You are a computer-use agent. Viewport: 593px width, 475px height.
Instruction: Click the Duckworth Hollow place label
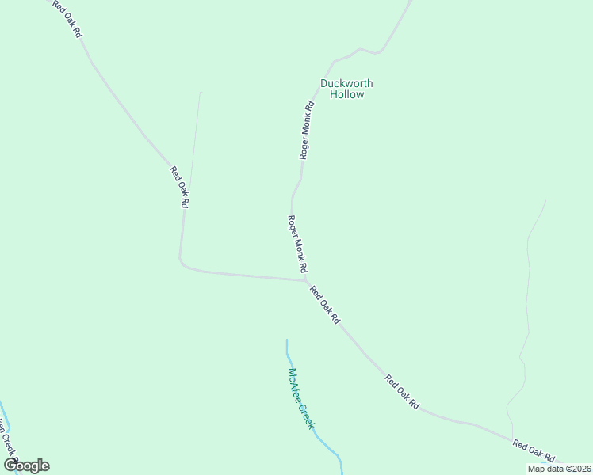coord(346,89)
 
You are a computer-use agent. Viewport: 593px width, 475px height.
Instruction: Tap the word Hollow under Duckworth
coord(346,95)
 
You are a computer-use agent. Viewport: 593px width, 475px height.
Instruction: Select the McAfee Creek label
coord(301,399)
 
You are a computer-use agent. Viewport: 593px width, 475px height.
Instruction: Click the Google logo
coord(26,465)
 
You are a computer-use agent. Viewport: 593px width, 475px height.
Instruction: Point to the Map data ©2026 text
coord(559,469)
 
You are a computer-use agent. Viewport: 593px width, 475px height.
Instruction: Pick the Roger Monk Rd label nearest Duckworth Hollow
coord(307,130)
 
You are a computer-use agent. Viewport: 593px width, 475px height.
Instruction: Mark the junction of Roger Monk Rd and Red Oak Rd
coord(306,279)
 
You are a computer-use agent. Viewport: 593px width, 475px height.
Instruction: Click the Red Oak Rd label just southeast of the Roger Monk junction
coord(325,305)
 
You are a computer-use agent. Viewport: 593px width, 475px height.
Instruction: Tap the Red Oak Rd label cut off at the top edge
coord(67,18)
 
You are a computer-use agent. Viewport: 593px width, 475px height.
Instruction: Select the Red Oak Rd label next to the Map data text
coord(534,450)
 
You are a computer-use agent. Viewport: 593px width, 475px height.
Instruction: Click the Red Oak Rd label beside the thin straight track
coord(180,187)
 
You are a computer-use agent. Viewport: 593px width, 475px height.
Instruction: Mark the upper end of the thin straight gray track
coord(201,93)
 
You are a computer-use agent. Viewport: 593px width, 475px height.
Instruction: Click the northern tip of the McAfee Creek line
coord(287,340)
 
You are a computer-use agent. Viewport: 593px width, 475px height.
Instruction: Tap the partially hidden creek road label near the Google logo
coord(8,443)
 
